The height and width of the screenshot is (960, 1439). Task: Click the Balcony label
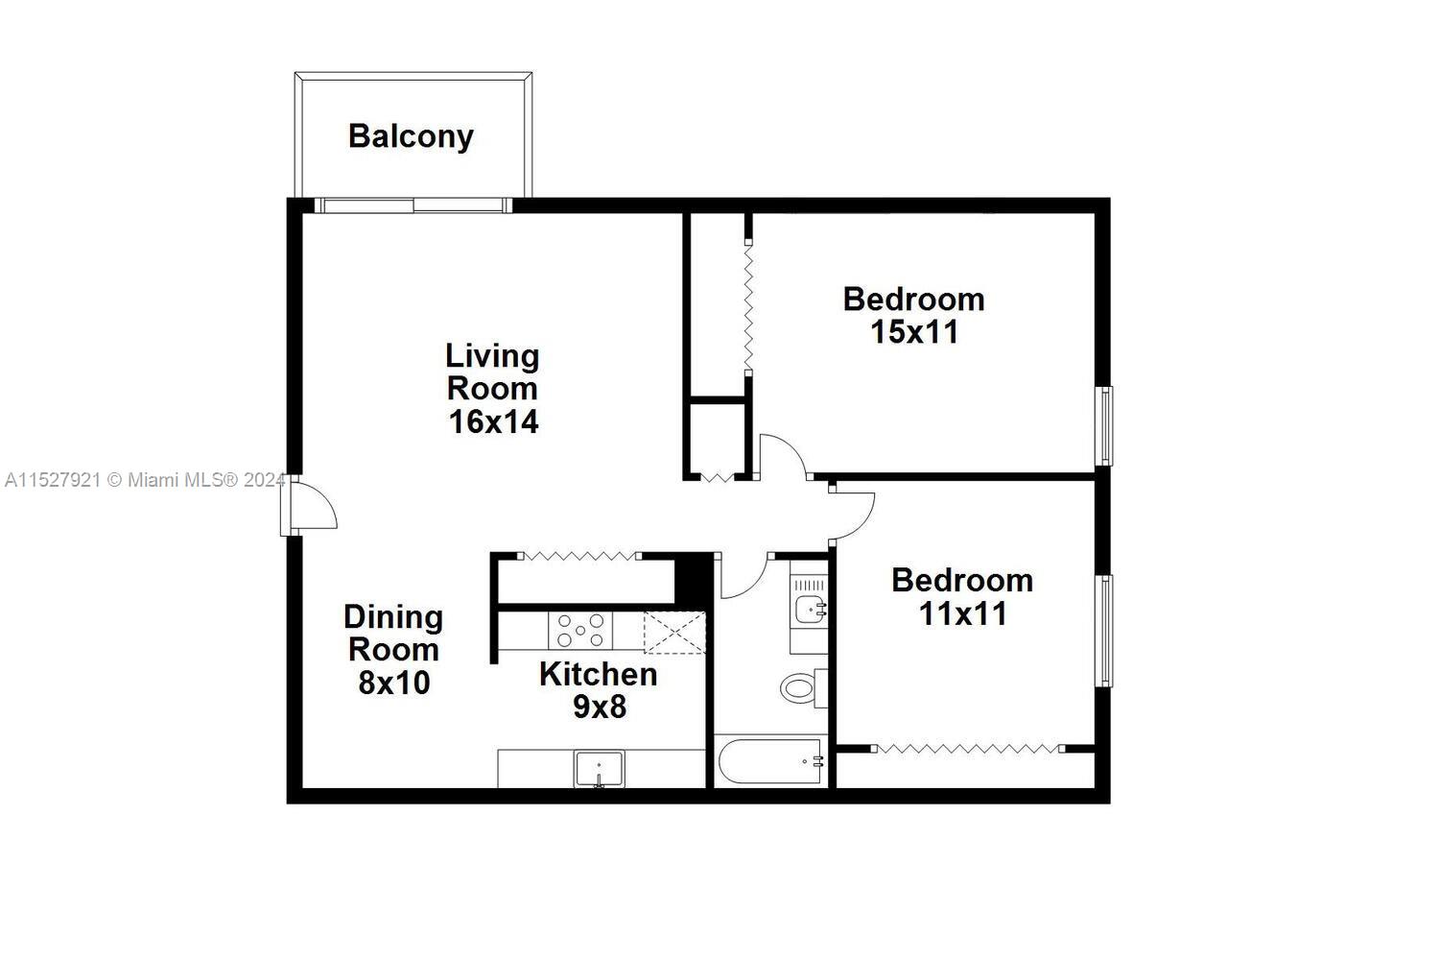click(x=411, y=136)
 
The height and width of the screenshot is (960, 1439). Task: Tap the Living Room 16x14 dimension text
click(x=493, y=421)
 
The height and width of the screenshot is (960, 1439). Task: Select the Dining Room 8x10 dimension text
click(x=394, y=683)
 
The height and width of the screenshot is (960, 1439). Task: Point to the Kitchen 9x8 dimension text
click(x=600, y=707)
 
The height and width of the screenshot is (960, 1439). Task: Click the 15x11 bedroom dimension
click(x=914, y=332)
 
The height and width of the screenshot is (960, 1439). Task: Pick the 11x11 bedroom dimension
click(x=962, y=613)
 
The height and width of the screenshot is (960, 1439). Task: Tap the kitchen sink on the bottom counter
click(x=599, y=769)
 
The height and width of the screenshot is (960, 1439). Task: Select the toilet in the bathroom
click(x=799, y=687)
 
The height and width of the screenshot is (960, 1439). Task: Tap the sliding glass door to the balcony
click(x=413, y=204)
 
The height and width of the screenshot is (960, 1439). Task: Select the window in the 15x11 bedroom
click(x=1105, y=425)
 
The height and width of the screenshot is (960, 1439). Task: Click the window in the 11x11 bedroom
click(x=1105, y=631)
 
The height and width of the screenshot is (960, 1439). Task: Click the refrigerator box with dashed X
click(x=674, y=633)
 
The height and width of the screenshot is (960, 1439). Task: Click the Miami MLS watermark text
click(x=144, y=480)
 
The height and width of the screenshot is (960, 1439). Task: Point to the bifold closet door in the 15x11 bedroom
click(x=747, y=304)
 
